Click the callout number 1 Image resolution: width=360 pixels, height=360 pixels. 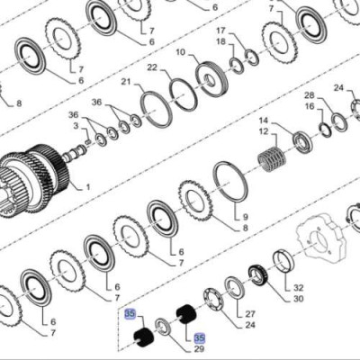pos(88,188)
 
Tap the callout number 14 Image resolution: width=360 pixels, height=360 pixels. pos(264,121)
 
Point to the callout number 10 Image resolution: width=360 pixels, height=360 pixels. pos(180,53)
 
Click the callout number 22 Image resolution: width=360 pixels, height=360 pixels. pos(152,68)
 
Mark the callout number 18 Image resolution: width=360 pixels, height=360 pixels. pos(220,43)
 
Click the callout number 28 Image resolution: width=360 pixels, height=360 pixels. pos(309,94)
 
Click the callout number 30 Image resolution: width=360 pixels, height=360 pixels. pos(299,299)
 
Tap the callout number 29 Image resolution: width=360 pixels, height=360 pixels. pos(200,348)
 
